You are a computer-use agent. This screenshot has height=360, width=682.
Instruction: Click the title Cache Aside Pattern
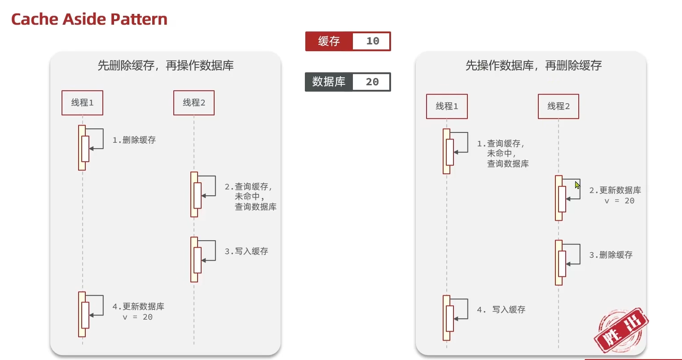(x=89, y=19)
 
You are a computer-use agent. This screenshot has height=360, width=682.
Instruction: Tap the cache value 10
(x=372, y=41)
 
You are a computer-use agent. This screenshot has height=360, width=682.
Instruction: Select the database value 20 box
(x=372, y=82)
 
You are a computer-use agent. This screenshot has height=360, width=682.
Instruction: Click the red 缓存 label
(x=329, y=41)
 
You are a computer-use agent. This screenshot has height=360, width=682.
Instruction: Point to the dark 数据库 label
(x=329, y=82)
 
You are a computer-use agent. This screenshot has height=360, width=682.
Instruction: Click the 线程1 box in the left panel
(x=82, y=103)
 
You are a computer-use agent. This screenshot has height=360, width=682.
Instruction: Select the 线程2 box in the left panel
(x=194, y=103)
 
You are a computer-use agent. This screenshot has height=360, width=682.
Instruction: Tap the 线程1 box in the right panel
(x=447, y=106)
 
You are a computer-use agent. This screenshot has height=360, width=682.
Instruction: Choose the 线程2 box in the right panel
(x=559, y=106)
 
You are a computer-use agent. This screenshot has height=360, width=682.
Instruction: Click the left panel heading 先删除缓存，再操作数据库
(x=165, y=66)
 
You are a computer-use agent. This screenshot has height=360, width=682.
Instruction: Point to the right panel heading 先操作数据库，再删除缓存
(x=533, y=66)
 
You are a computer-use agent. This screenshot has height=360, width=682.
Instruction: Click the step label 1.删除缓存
(x=134, y=140)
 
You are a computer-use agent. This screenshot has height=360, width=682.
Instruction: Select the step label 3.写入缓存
(x=246, y=251)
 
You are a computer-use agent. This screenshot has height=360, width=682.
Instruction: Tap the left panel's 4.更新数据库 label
(x=138, y=307)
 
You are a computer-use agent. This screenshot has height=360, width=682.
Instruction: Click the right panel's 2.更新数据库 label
(x=615, y=190)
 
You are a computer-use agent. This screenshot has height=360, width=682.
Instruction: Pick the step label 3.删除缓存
(x=611, y=255)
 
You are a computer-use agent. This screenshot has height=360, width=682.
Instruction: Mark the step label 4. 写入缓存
(x=501, y=310)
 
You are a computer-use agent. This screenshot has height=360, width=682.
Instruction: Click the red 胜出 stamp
(x=621, y=330)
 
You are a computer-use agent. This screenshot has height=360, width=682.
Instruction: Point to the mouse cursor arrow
(x=577, y=184)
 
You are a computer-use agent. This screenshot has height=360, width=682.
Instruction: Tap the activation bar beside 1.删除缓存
(x=83, y=148)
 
